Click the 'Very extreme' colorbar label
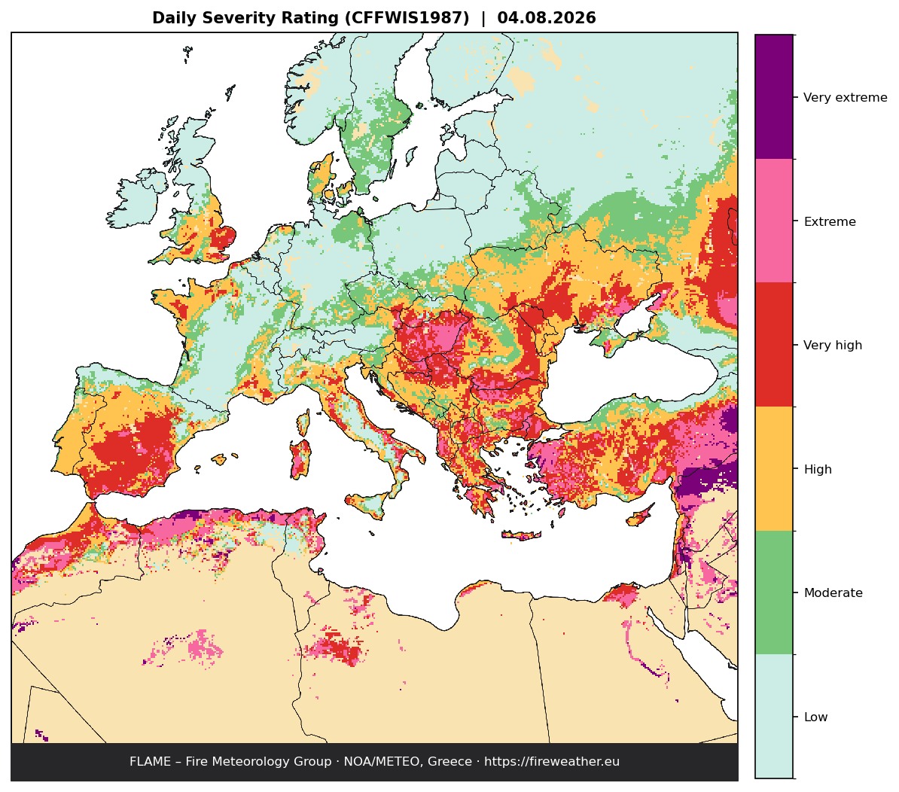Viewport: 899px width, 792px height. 845,97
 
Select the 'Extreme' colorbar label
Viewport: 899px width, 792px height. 830,222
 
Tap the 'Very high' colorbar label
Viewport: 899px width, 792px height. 833,345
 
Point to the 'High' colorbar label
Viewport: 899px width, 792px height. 818,469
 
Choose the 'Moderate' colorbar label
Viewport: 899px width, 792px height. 833,593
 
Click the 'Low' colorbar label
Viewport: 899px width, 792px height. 816,717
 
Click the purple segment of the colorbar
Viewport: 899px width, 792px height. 774,97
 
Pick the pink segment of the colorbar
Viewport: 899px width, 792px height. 774,221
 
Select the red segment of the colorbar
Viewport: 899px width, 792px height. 774,344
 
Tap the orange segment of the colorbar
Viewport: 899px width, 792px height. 774,468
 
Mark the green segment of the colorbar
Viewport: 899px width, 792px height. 774,592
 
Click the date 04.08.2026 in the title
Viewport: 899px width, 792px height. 547,18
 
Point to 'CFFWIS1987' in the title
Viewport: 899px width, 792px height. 407,18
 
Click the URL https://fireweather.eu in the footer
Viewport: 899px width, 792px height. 552,762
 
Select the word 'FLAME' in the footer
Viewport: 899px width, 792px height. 151,762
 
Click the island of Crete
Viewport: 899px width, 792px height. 521,535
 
